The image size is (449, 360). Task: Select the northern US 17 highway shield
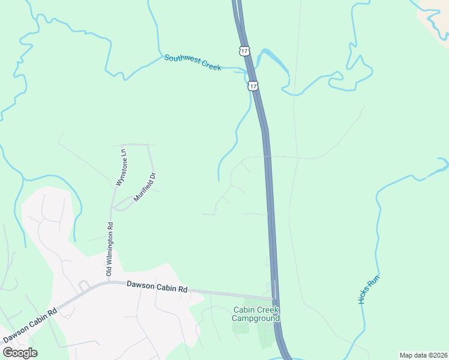pyautogui.click(x=244, y=51)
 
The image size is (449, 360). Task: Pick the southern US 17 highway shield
pyautogui.click(x=253, y=86)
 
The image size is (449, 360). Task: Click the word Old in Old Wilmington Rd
pyautogui.click(x=109, y=272)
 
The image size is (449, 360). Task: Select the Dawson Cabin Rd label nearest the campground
pyautogui.click(x=157, y=287)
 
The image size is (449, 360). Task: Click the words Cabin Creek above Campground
pyautogui.click(x=256, y=310)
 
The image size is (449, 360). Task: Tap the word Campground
pyautogui.click(x=256, y=319)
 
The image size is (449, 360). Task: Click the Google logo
pyautogui.click(x=20, y=353)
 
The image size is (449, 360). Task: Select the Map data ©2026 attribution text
pyautogui.click(x=423, y=355)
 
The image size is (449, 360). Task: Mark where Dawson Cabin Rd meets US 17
pyautogui.click(x=274, y=298)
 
